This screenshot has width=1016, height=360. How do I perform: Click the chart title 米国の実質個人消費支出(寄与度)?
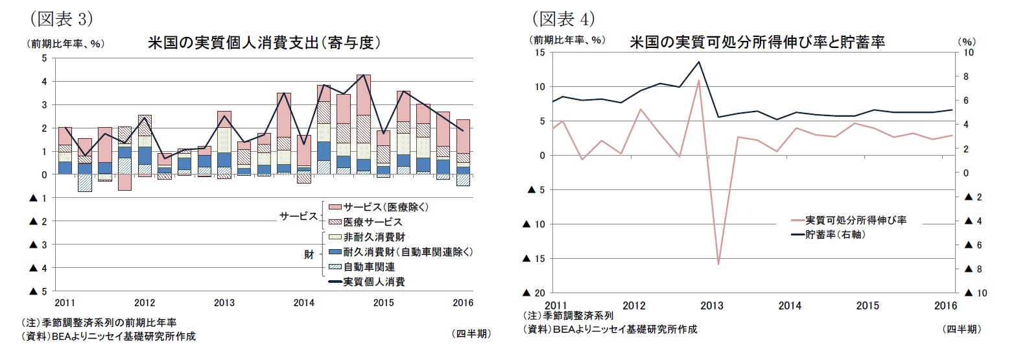click(x=263, y=43)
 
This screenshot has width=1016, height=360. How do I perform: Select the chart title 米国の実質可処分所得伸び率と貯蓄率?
click(x=757, y=43)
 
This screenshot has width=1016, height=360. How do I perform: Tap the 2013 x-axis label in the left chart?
click(x=224, y=303)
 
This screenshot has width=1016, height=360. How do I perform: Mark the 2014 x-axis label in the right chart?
click(x=790, y=306)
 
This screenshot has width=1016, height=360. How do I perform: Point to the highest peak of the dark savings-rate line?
click(x=699, y=62)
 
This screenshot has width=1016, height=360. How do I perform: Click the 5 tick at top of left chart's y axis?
click(x=44, y=58)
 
